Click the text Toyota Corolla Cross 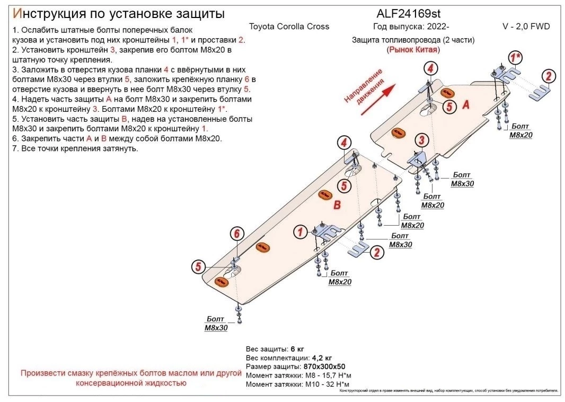coord(289,26)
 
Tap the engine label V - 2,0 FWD coord(526,26)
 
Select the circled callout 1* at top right coord(515,57)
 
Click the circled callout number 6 coord(237,234)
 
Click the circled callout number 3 coord(421,140)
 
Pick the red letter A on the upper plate coord(466,105)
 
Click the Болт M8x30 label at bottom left coord(216,324)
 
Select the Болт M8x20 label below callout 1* coord(520,131)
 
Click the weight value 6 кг coord(297,350)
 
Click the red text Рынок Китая coord(413,49)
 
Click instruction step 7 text coord(74,149)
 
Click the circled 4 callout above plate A coord(430,68)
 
